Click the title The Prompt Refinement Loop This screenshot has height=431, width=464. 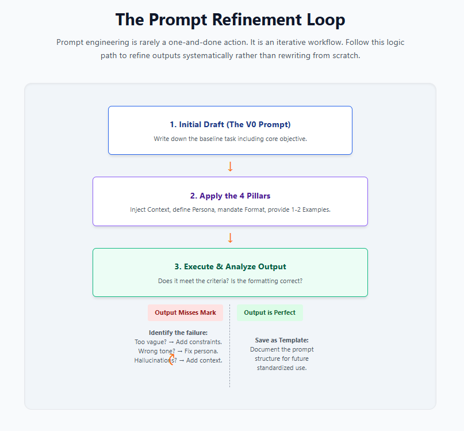pos(230,20)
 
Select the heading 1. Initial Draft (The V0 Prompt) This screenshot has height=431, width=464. pos(230,124)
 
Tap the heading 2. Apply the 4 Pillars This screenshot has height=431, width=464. pos(230,196)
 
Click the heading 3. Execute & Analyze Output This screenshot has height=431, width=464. pos(230,266)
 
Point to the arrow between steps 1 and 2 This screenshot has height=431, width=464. pos(230,166)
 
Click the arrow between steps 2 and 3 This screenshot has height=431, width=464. pos(230,238)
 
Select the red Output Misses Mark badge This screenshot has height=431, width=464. pos(185,312)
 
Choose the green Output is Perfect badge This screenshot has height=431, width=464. pos(270,312)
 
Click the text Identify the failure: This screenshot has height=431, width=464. pos(178,333)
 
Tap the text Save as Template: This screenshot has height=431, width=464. pos(282,340)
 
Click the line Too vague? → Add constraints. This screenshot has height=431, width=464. pos(178,342)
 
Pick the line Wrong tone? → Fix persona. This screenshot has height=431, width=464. pos(178,351)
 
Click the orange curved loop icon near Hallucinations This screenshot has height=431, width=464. pos(171,361)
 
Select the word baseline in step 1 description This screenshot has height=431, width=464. pos(216,139)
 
